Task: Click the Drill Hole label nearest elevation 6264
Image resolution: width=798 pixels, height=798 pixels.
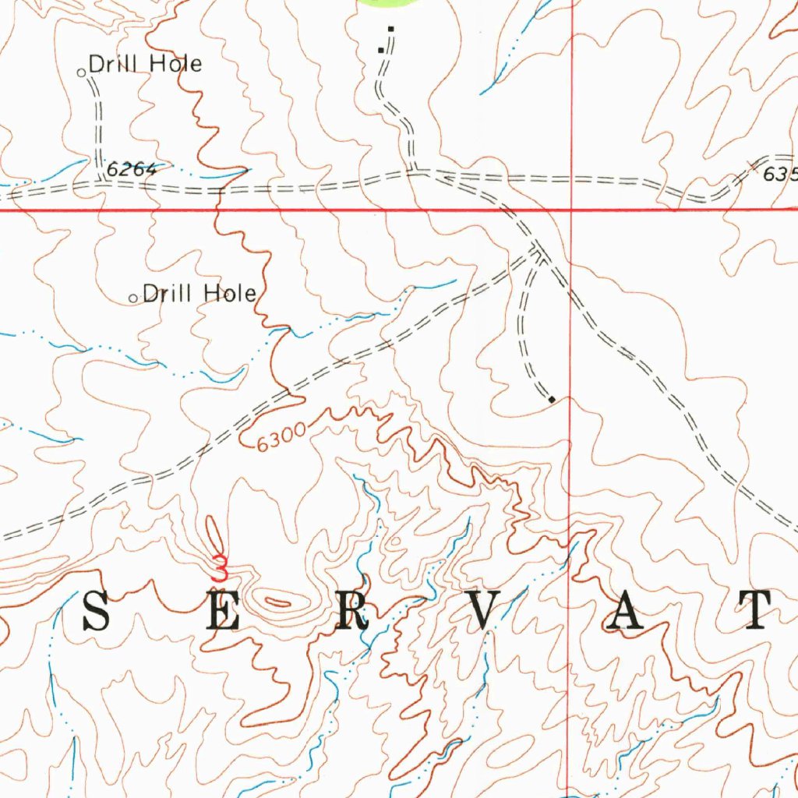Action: (145, 64)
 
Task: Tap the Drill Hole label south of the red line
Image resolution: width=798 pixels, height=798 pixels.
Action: (199, 294)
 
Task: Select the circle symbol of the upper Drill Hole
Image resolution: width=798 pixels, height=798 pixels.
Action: (82, 72)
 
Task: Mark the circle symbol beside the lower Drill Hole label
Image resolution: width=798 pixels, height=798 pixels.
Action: (133, 298)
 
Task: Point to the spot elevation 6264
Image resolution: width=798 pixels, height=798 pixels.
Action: (132, 168)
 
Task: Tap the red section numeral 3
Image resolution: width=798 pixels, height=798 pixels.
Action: (221, 567)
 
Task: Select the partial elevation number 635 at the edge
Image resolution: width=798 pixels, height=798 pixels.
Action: (780, 174)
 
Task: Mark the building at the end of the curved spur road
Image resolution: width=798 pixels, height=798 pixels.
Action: (552, 400)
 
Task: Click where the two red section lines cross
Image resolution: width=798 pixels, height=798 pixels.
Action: (571, 210)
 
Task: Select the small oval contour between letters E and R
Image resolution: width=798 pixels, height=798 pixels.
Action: (278, 600)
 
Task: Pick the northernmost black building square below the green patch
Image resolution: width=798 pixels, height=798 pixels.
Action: (390, 29)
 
